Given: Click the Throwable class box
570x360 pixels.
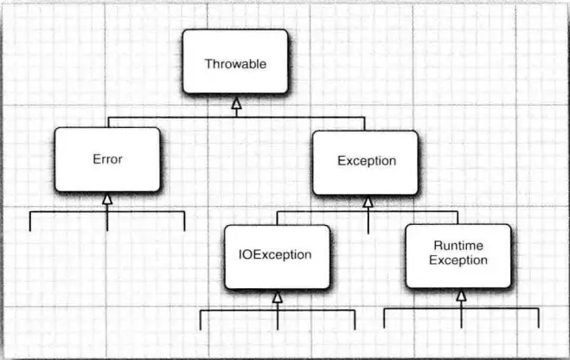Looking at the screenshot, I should pos(234,62).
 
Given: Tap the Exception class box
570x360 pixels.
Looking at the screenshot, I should pos(366,161).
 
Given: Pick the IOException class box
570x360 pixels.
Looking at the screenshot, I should pos(277,255).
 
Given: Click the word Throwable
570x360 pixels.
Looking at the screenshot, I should pos(234,63).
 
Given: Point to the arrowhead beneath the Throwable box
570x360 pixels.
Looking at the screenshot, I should pos(235,105).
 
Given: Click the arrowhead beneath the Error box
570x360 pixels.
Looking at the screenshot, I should pos(106,200).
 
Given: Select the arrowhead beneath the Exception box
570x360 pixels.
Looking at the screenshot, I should pos(368,202).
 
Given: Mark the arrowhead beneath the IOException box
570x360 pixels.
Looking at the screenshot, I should pos(278,297).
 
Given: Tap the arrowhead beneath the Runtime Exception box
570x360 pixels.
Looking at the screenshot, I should pos(461,297).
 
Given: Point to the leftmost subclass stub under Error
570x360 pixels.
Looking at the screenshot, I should pos(30,221).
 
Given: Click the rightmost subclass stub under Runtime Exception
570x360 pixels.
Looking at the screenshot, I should pos(538,318).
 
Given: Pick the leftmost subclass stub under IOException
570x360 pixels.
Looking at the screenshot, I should pos(201,318).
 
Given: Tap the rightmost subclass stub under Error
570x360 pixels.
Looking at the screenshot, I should pos(184,221).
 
